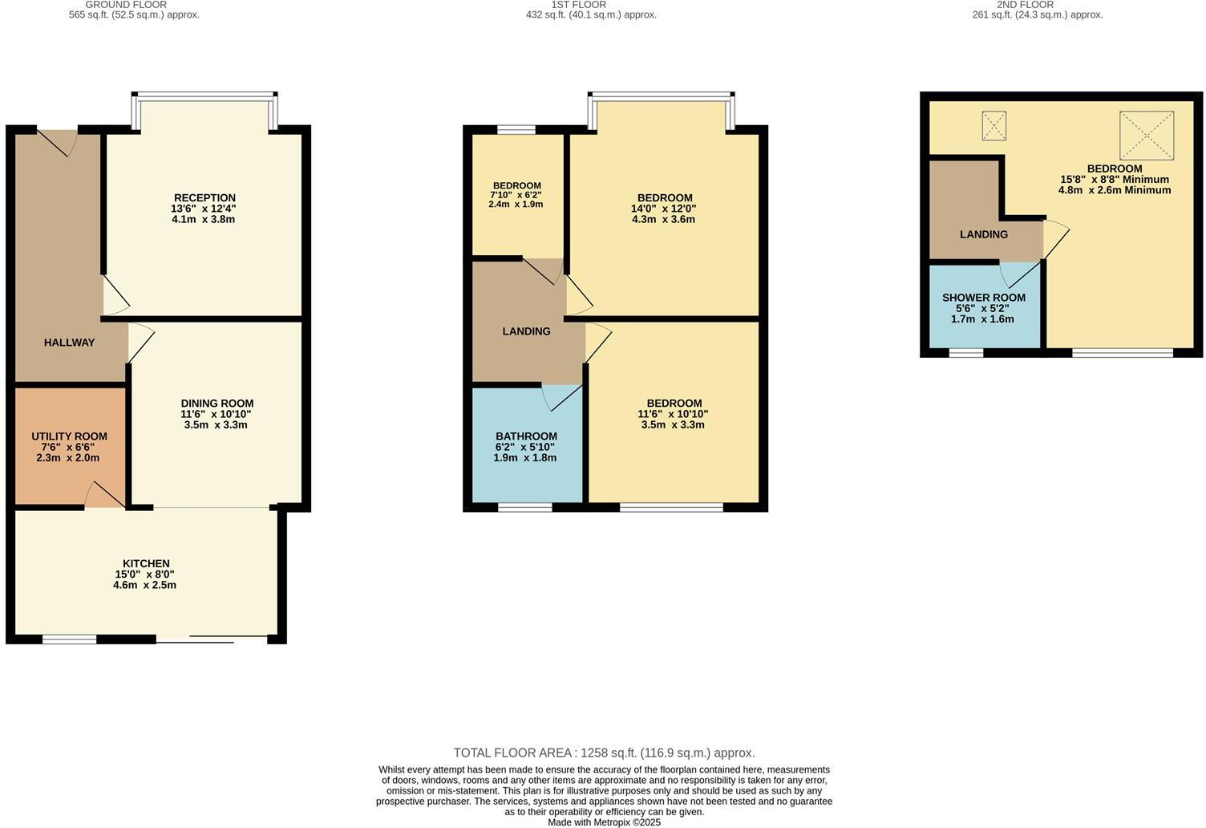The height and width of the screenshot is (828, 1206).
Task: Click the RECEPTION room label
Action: pyautogui.click(x=204, y=198)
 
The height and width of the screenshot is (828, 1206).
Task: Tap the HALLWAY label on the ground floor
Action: pyautogui.click(x=69, y=343)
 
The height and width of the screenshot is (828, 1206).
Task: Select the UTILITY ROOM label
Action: pyautogui.click(x=69, y=436)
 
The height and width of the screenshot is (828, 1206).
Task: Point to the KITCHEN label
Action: pyautogui.click(x=146, y=563)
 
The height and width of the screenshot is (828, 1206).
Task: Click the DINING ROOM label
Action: pyautogui.click(x=217, y=404)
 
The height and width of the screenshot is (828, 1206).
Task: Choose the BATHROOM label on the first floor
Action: pyautogui.click(x=526, y=436)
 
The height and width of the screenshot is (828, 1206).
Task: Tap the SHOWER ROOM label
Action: pyautogui.click(x=983, y=298)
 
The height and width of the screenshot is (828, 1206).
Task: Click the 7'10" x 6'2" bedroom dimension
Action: pyautogui.click(x=516, y=195)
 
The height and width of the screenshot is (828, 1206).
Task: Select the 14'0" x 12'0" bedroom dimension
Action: pyautogui.click(x=665, y=209)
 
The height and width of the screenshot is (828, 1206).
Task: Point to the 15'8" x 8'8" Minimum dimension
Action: pyautogui.click(x=1114, y=180)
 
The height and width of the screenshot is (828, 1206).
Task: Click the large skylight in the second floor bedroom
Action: pyautogui.click(x=1146, y=135)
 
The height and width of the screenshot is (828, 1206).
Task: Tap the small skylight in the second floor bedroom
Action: pyautogui.click(x=994, y=126)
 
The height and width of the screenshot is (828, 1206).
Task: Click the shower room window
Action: pyautogui.click(x=965, y=352)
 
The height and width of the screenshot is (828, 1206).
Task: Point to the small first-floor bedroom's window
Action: pyautogui.click(x=516, y=129)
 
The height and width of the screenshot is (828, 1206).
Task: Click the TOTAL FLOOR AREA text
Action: pyautogui.click(x=604, y=753)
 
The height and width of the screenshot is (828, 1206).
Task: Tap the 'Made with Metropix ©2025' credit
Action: pyautogui.click(x=604, y=822)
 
